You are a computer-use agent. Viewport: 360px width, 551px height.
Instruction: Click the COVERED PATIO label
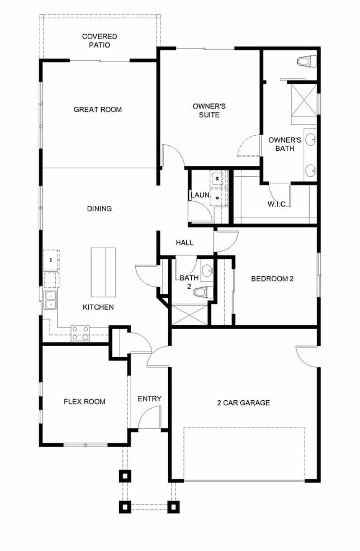tap(99, 41)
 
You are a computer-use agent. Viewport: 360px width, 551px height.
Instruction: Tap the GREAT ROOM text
tap(98, 110)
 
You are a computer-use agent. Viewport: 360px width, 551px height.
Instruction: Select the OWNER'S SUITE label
tap(206, 110)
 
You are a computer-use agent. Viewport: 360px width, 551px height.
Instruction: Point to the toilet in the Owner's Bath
tap(304, 62)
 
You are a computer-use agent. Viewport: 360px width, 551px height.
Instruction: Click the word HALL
tap(184, 242)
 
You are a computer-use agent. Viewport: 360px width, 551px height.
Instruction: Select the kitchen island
tap(103, 272)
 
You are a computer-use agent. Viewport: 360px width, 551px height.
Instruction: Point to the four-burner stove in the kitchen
tap(80, 333)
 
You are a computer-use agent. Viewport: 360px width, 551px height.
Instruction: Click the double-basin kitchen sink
tap(51, 301)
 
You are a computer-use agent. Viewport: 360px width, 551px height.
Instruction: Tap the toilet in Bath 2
tap(202, 292)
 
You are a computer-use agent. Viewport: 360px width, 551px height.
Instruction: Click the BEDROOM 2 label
tap(272, 278)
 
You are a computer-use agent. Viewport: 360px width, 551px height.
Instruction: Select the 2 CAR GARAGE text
tap(243, 403)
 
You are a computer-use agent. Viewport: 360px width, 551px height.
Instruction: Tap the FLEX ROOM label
tap(84, 402)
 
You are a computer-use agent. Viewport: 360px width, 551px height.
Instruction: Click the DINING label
tap(99, 209)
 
